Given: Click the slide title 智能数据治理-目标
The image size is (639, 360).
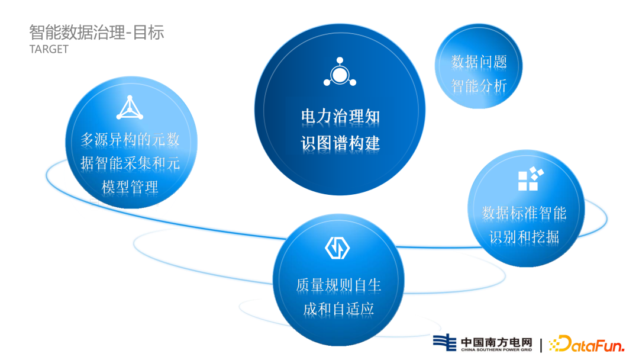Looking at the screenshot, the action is coord(96,32).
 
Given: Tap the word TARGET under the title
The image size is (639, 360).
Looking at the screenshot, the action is coord(49,49).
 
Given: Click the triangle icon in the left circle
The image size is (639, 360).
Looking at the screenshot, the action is coord(130,108).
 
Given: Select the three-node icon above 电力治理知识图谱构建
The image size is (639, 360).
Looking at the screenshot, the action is coord(340,73).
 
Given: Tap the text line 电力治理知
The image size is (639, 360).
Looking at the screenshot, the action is coord(340,116).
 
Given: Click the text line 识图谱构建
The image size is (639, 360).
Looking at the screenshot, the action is coord(340,143).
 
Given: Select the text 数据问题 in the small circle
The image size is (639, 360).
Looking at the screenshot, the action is coord(479,62).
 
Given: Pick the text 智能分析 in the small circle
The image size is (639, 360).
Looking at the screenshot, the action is coord(479,86).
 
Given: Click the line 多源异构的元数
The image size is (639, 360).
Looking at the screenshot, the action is coord(130,140).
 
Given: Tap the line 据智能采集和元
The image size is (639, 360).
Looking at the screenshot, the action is coord(130,163).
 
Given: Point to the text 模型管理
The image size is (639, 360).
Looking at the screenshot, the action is coord(130,188).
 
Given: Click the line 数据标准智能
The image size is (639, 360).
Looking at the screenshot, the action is coord(524,213).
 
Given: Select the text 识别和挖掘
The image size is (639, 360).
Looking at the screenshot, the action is coord(524,237).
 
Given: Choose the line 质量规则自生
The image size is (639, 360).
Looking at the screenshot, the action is coord(338,285).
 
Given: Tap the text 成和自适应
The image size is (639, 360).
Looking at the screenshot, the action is coord(338,309).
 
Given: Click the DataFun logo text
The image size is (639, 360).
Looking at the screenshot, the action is coord(586,343).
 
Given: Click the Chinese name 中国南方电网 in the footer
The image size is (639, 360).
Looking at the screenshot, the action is coord(496,342).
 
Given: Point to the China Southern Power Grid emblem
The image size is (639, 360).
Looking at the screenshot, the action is coord(445,343).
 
